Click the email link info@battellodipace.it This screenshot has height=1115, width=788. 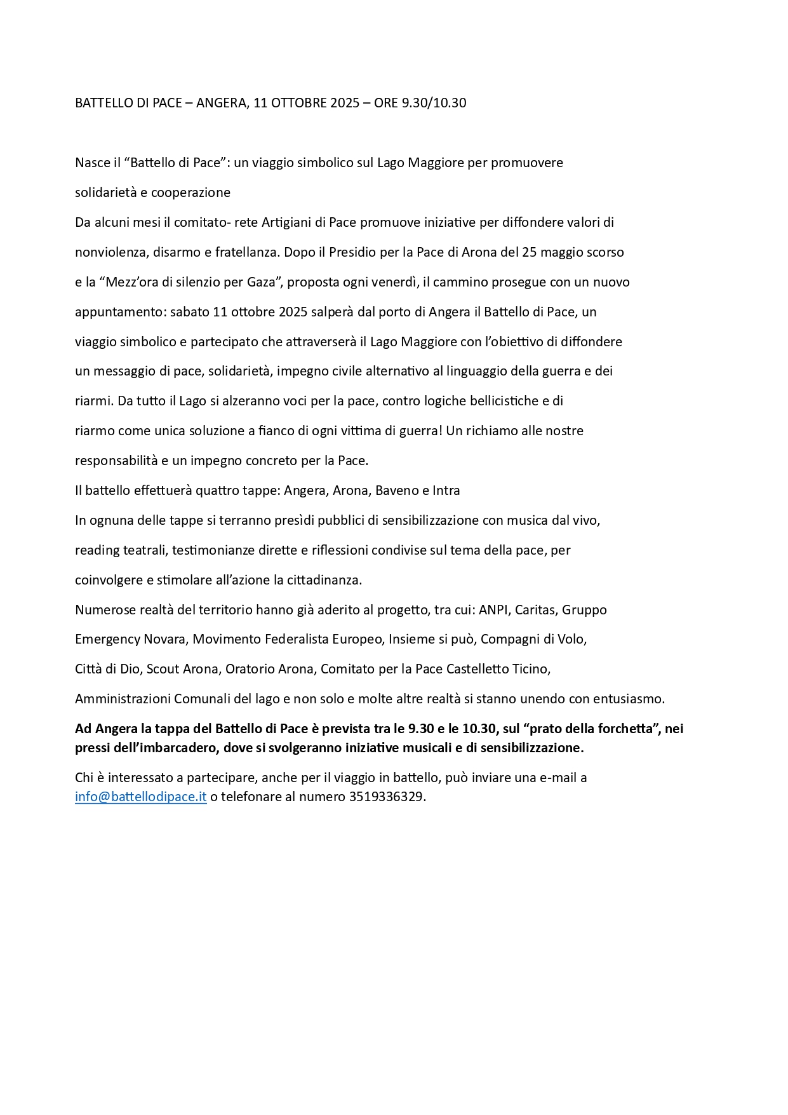click(x=140, y=797)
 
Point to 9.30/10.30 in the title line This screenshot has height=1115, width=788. click(x=434, y=103)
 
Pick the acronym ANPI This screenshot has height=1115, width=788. click(x=493, y=610)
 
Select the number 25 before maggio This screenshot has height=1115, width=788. click(x=530, y=252)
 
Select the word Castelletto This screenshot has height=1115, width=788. click(x=478, y=669)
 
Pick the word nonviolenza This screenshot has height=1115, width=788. click(x=110, y=252)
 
